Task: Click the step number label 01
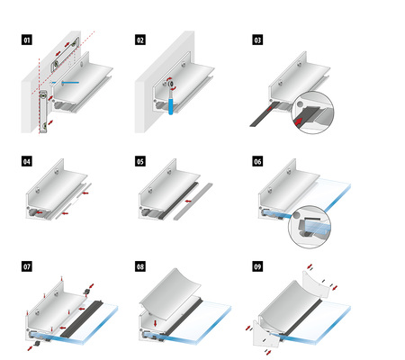27,40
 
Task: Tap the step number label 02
140,40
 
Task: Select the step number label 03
257,40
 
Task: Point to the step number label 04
27,162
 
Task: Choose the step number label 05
140,162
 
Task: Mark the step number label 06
257,162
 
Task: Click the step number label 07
27,266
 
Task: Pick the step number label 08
140,266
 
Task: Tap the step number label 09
257,266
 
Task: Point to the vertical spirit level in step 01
44,112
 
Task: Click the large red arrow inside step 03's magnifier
299,121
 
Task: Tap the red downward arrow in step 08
155,323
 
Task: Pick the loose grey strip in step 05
193,202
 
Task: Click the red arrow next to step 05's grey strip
188,201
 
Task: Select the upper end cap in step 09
317,283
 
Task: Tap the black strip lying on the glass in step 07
82,319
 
